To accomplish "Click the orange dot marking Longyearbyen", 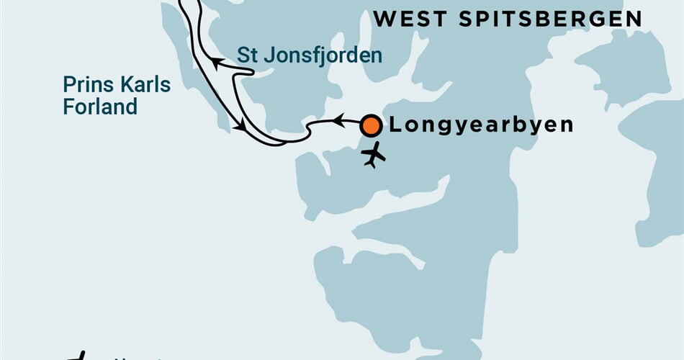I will coord(371,126).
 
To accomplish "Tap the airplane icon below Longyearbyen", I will coord(374,155).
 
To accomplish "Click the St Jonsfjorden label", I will coord(310,55).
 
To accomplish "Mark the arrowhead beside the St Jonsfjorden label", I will coord(216,64).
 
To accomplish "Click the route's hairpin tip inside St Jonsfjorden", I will coord(252,72).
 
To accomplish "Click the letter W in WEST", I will coord(384,19).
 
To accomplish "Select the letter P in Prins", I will coord(68,85).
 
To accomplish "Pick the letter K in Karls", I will coord(120,85).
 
